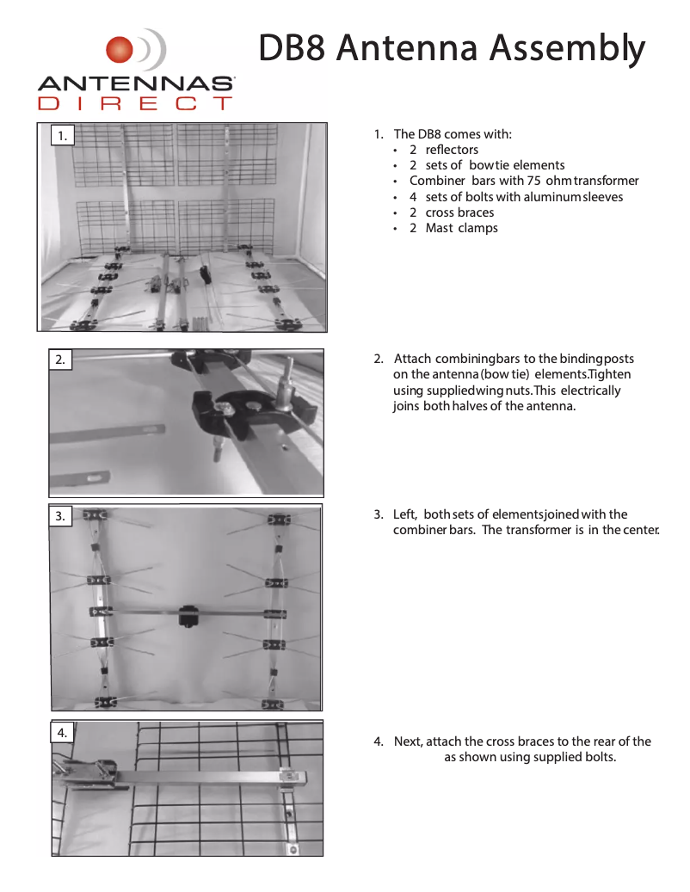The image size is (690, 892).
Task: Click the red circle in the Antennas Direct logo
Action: pos(120,50)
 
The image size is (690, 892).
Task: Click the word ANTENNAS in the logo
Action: pos(136,84)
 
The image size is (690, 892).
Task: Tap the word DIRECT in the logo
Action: pos(136,104)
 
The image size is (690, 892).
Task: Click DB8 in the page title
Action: pos(293,49)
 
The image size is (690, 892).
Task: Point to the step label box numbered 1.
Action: pos(61,135)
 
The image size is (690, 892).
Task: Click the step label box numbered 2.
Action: pos(60,360)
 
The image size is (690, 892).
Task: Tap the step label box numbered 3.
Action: pos(60,516)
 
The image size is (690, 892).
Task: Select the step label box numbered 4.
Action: pos(62,732)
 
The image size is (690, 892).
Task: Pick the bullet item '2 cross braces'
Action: pos(451,212)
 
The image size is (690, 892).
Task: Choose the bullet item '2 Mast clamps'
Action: pos(453,228)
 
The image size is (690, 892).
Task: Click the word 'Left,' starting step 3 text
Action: pos(405,514)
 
